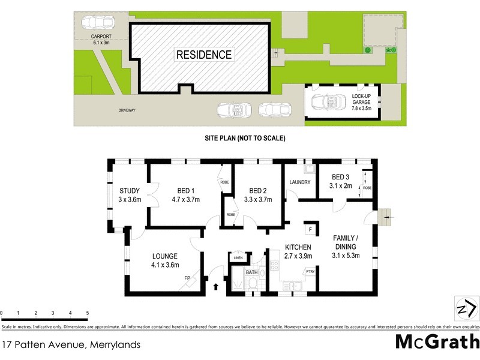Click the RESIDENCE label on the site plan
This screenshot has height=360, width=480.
coord(203,55)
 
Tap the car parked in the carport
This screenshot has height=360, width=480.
coord(97,23)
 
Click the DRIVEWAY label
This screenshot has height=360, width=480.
coord(127,110)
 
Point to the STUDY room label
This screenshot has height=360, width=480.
coord(129,191)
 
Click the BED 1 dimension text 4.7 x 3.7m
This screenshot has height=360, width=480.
coord(185,200)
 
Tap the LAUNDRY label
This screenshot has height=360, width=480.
coord(299,182)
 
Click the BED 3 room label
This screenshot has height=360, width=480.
coord(340,177)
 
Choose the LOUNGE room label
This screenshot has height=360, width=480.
coord(165,256)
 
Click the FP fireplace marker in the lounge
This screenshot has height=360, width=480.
coord(187,278)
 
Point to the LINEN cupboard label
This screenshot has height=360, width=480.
coord(238,259)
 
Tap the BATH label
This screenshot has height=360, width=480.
coord(253,273)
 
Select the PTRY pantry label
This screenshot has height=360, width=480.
coord(310,272)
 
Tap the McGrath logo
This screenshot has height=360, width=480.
coord(437,341)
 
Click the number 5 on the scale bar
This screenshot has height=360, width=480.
coord(88,313)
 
